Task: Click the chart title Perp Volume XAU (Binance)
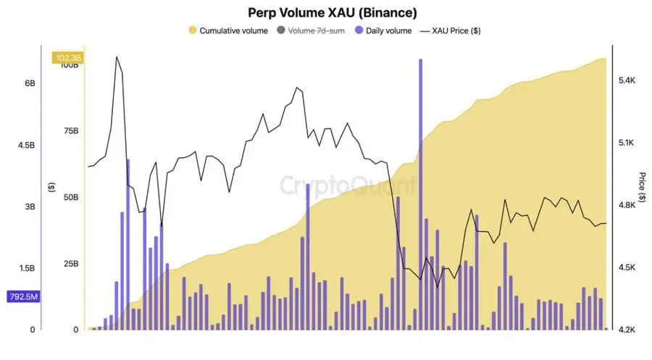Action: pos(333,12)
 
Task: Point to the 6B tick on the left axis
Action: pos(30,83)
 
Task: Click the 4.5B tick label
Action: pos(26,145)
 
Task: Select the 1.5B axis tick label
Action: pos(26,268)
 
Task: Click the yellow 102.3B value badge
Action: pos(67,57)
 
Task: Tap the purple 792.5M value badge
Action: pos(24,296)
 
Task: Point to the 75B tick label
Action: pos(70,131)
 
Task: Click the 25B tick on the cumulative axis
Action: pos(70,263)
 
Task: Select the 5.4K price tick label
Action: pos(627,81)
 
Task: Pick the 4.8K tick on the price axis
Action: pos(627,205)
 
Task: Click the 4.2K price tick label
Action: pos(627,329)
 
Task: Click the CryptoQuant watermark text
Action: pos(348,185)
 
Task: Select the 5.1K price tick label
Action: pos(627,143)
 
